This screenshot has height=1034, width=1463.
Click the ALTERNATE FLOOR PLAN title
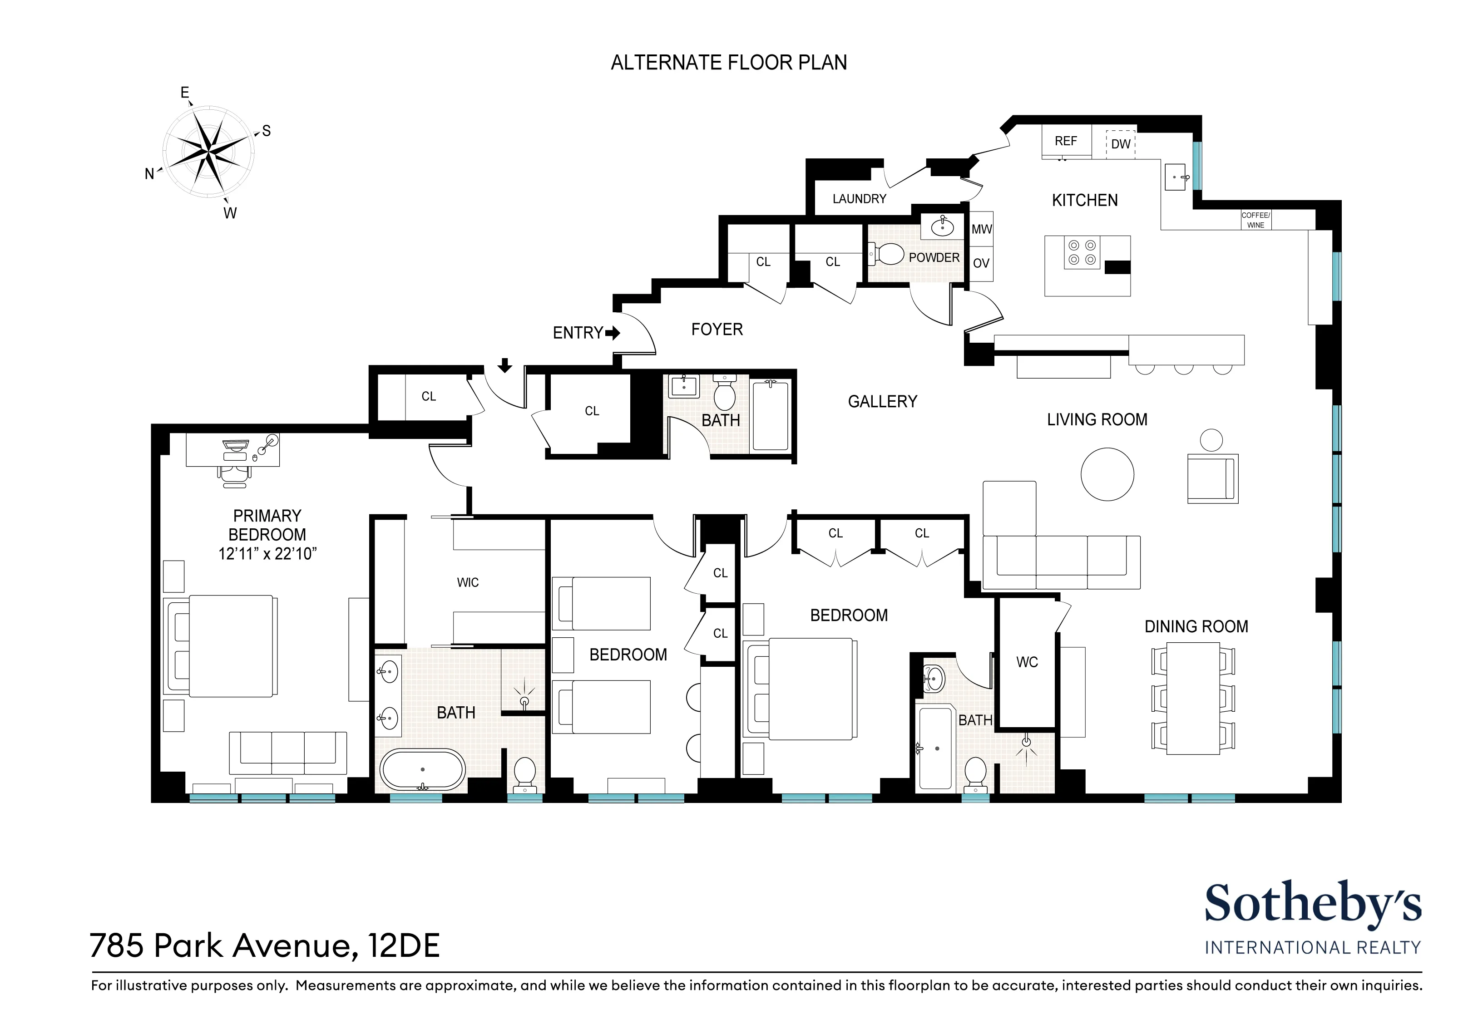tap(728, 63)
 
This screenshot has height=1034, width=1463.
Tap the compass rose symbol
tap(208, 151)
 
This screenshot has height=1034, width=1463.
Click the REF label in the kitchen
tap(1065, 141)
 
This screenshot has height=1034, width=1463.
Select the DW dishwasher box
tap(1120, 144)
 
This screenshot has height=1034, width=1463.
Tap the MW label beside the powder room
tap(981, 229)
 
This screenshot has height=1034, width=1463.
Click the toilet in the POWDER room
tap(890, 254)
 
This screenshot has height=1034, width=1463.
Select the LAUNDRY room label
tap(859, 199)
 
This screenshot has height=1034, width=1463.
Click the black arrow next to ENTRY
tap(613, 333)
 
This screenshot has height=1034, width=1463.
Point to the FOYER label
tap(717, 330)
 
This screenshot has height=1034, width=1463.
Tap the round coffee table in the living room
tap(1107, 474)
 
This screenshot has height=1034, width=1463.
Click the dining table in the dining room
tap(1192, 698)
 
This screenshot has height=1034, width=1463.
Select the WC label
tap(1027, 662)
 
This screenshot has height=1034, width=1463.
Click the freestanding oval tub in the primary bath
tap(422, 770)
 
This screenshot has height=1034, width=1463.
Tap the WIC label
tap(467, 582)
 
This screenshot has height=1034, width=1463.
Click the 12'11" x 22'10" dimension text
tap(267, 554)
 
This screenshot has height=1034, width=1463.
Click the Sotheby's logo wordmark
tap(1312, 903)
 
